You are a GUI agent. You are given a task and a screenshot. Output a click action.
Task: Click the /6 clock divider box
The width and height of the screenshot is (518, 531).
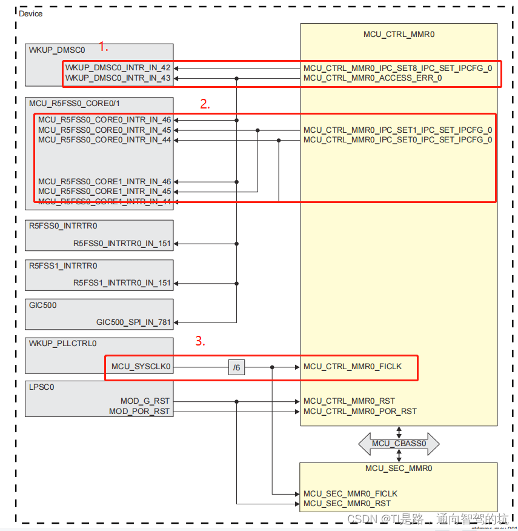coord(237,367)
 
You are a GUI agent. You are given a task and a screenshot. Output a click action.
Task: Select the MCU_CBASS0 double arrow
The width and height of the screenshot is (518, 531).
coord(399,444)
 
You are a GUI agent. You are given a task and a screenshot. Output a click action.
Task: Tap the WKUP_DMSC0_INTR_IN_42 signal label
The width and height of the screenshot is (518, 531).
coord(118,68)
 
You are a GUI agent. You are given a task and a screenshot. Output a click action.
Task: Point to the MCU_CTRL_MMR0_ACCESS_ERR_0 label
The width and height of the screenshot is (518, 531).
coord(373,78)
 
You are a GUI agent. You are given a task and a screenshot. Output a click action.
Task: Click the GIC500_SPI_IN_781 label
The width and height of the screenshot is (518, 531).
coord(133,322)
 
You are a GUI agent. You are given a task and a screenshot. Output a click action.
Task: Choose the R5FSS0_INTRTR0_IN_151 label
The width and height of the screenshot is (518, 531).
coord(122,244)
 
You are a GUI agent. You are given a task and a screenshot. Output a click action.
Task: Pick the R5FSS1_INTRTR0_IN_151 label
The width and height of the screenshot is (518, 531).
coord(122,283)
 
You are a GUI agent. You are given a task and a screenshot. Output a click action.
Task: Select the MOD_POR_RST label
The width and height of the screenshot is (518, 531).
coord(140,412)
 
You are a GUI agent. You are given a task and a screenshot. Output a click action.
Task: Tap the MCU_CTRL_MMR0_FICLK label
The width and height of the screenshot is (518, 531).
coord(352,367)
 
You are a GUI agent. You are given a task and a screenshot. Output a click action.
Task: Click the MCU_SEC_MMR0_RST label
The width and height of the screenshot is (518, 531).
coord(347,503)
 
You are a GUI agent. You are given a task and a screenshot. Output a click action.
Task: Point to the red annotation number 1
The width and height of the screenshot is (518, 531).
coord(103,47)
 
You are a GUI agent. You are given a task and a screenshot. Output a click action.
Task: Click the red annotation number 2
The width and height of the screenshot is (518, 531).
coord(205,104)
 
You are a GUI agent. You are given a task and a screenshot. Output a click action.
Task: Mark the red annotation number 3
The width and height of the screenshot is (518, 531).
coord(200,341)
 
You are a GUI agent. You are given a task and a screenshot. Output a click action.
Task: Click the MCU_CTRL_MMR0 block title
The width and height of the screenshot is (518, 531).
coord(399,35)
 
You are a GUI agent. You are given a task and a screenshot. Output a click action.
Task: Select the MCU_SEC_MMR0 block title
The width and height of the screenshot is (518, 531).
coord(399,469)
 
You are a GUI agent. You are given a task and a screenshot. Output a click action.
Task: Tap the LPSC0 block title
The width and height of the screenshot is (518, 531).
coord(42,387)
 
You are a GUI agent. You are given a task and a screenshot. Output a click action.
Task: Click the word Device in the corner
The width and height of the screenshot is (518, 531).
coord(31,14)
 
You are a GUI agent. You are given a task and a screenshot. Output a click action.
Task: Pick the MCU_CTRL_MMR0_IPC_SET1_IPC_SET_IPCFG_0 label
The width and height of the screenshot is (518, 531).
coord(397,130)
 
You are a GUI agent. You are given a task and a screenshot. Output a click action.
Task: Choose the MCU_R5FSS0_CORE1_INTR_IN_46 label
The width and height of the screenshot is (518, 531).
coord(104,182)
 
